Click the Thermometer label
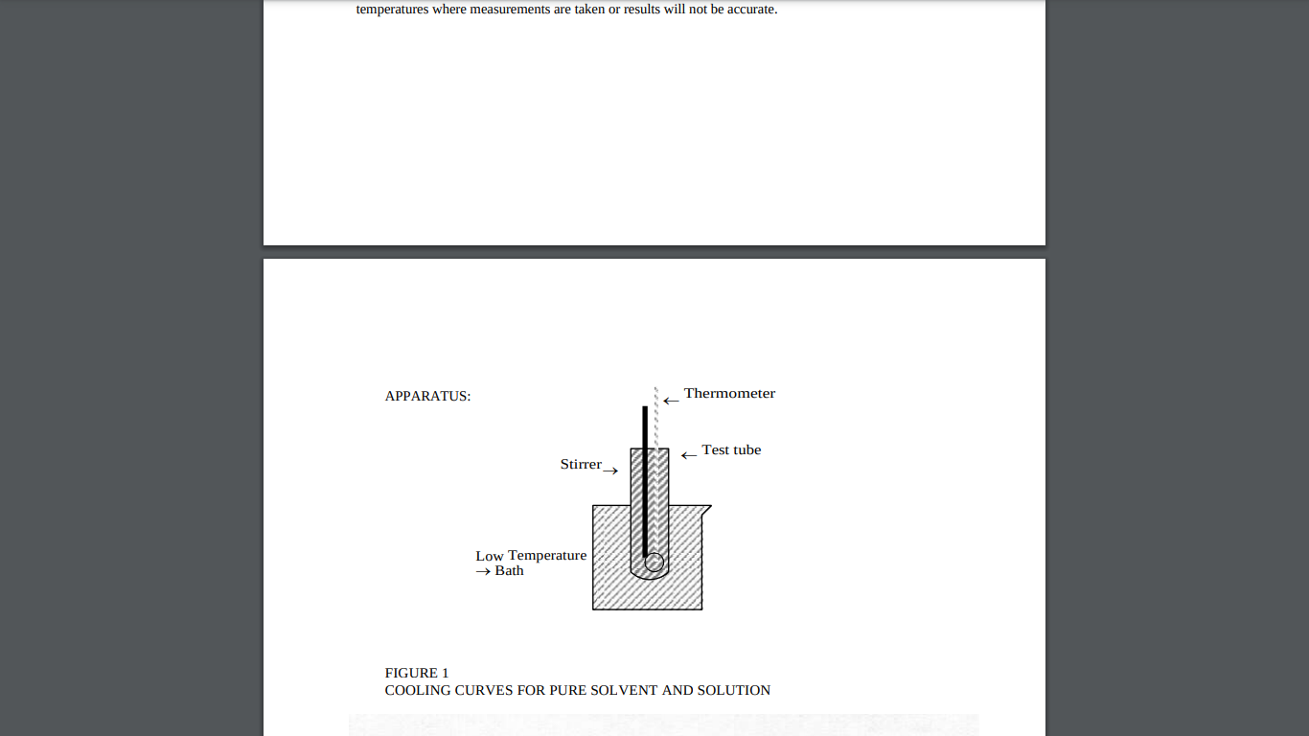[x=729, y=393]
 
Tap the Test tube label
[x=731, y=449]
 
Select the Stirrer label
[x=581, y=464]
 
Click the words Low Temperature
[x=531, y=556]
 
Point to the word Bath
[x=509, y=571]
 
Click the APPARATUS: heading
[x=427, y=396]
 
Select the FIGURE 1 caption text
[x=417, y=673]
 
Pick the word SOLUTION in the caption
[x=734, y=690]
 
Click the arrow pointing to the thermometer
[x=671, y=401]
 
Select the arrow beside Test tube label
[x=688, y=455]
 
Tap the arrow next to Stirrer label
[x=610, y=471]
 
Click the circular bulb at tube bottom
[x=654, y=563]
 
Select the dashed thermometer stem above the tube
[x=656, y=417]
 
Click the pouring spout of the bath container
[x=706, y=509]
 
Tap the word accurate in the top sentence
[x=751, y=11]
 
